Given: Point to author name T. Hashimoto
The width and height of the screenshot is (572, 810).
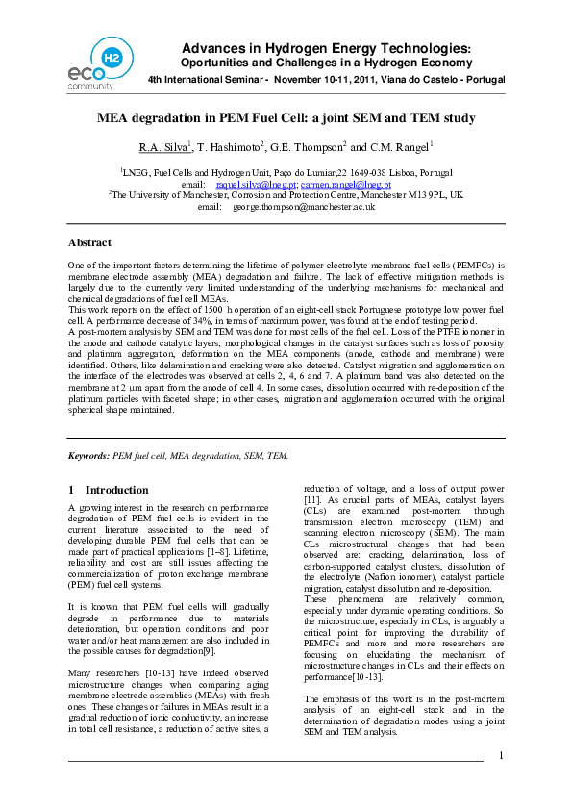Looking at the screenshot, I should coord(231,147).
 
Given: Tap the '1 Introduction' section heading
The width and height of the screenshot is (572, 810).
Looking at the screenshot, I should coord(109,490).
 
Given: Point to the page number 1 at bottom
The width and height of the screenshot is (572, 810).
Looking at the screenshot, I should coord(501,782).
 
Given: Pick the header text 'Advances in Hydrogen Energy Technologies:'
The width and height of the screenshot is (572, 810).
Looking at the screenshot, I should coord(327,48).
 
